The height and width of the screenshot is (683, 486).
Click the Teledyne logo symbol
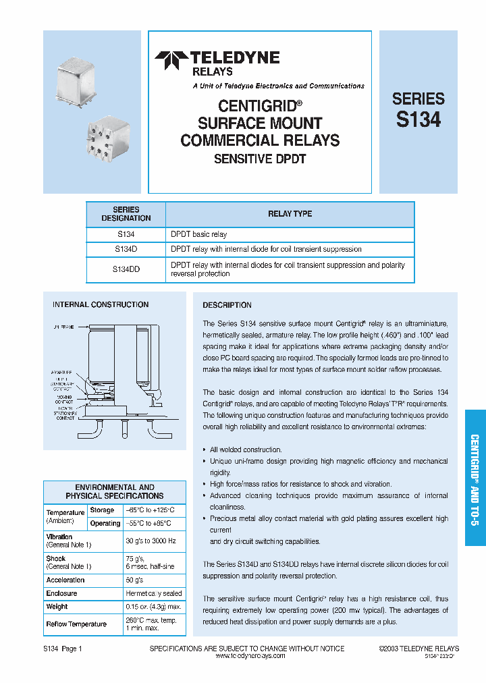coord(171,61)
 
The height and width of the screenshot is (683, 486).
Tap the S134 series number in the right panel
coord(418,119)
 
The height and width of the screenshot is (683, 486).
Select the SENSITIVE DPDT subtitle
coord(260,159)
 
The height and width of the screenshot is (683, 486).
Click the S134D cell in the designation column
coord(126,249)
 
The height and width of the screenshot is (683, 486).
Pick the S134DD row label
coord(126,269)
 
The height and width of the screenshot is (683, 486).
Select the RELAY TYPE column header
coord(290,214)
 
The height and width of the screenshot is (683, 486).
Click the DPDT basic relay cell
coord(199,234)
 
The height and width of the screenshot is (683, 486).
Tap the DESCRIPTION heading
coord(227,305)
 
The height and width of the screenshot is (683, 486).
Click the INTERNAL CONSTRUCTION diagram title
coord(101,305)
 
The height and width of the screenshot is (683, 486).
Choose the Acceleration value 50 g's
coord(135,580)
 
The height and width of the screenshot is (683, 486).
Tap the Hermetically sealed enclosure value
coord(154,593)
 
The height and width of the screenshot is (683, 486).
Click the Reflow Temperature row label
coord(76,624)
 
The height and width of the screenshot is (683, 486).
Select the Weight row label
coord(57,607)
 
